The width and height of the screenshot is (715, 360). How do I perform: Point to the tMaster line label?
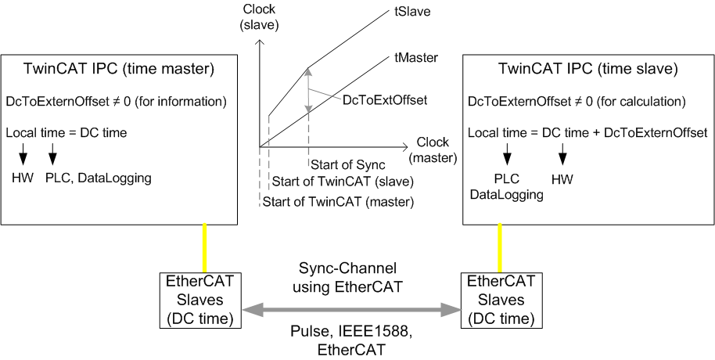(x=415, y=57)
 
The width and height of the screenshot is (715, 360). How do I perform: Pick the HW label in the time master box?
(x=23, y=178)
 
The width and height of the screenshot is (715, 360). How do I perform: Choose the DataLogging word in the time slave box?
(x=506, y=194)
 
